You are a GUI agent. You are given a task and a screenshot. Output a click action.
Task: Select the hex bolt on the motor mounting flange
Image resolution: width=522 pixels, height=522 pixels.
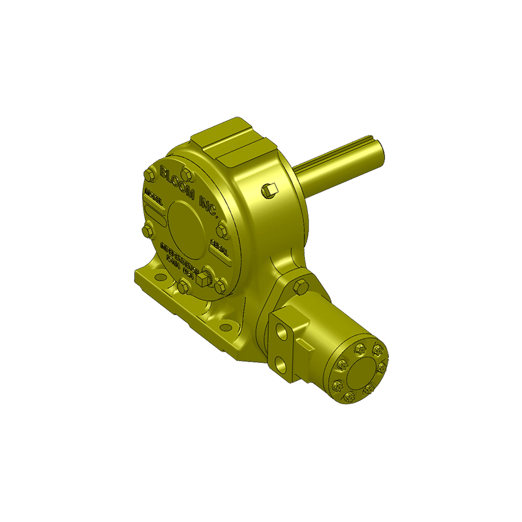[x=300, y=287]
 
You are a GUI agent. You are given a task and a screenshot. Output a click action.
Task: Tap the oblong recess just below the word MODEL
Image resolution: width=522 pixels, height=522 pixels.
[x=154, y=209]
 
